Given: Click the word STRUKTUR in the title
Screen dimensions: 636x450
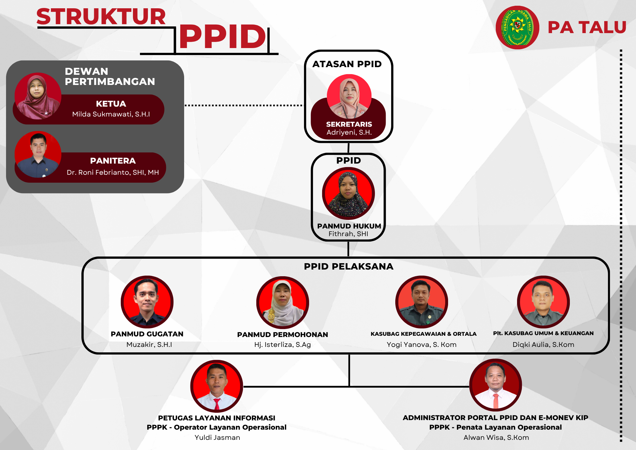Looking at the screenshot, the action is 101,17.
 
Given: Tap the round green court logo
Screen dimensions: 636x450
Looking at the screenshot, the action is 517,28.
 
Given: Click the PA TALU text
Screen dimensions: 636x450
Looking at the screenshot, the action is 587,27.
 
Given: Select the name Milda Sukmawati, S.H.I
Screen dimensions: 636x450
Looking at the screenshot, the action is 111,114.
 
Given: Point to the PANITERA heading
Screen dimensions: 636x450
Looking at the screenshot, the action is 113,161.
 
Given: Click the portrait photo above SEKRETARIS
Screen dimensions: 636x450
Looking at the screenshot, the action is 349,96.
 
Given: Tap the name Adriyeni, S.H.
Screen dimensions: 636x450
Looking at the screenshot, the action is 349,132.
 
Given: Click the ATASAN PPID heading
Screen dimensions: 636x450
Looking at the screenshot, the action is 347,64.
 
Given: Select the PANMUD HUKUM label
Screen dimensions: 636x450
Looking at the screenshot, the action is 349,226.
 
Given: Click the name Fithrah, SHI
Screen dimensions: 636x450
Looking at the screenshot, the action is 348,234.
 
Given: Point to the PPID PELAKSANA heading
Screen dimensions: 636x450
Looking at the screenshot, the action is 349,266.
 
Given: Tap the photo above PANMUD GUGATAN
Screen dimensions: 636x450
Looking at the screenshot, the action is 147,302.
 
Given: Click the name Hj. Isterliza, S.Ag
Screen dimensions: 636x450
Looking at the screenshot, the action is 282,345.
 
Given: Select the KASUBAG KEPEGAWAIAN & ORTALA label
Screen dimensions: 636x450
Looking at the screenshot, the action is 423,334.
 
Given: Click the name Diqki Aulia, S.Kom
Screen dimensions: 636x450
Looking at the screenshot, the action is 543,344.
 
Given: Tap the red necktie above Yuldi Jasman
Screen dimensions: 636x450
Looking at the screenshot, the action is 217,404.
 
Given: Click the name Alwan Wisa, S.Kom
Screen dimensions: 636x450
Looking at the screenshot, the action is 496,438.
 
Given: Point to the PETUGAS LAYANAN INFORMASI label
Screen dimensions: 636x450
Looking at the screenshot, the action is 217,418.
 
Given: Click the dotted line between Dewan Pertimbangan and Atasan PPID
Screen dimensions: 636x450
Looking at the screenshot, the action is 244,105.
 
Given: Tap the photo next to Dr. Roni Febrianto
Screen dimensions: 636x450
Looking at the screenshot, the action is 38,154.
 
